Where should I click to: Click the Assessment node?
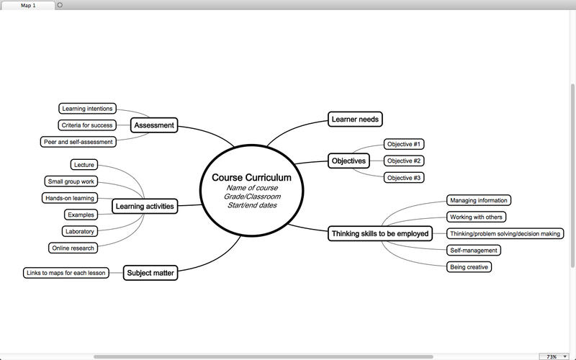154,125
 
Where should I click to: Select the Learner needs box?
355,119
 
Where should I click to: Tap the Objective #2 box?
404,161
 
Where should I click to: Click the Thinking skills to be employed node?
380,233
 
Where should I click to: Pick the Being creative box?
469,267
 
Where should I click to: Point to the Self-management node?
473,251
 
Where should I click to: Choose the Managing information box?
479,200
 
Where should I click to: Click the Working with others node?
476,217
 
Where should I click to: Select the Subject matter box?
150,273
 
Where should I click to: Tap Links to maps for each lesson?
66,273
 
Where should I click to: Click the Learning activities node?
144,207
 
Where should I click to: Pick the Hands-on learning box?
69,198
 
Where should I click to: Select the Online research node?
73,248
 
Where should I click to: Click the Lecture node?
84,165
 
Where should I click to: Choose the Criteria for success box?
86,125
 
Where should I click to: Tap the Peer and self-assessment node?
78,142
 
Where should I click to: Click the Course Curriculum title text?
251,178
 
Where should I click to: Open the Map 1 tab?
28,5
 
